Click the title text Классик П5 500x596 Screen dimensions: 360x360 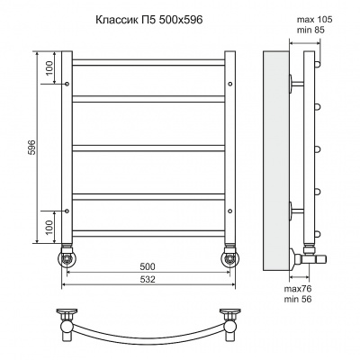[x=149, y=20]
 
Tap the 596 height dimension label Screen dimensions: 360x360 [x=32, y=147]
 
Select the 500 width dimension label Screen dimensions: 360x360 [x=148, y=266]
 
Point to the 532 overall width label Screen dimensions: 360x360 [x=148, y=279]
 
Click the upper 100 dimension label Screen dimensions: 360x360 [x=49, y=67]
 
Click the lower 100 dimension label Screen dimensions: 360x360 [x=49, y=227]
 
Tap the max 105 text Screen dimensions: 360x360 [x=314, y=20]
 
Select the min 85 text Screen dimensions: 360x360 [x=310, y=30]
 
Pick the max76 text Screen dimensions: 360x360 [x=298, y=289]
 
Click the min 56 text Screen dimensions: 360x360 [x=298, y=299]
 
